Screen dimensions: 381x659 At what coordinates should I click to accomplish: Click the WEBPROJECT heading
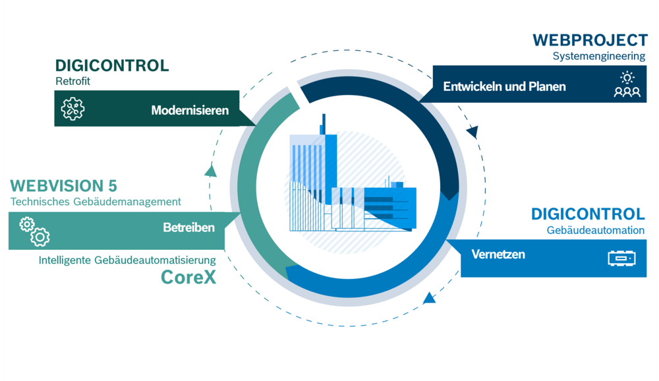[x=590, y=40]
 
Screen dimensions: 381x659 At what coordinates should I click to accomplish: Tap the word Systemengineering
[x=598, y=57]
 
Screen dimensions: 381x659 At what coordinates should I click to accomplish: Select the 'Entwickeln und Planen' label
[x=504, y=86]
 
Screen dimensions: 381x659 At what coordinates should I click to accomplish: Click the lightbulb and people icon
[x=627, y=85]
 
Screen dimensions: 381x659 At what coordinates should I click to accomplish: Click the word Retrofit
[x=72, y=82]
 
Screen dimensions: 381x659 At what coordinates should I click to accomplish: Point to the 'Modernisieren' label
[x=190, y=110]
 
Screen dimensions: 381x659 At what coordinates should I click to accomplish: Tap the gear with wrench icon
[x=72, y=109]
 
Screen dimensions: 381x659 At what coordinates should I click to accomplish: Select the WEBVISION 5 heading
[x=63, y=186]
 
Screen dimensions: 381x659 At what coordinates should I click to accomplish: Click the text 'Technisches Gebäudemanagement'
[x=96, y=202]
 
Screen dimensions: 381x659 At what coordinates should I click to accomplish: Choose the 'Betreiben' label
[x=188, y=228]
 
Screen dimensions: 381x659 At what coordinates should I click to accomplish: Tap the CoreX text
[x=188, y=278]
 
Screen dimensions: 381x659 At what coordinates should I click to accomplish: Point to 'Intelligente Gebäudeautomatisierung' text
[x=127, y=260]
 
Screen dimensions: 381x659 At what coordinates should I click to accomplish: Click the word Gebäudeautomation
[x=595, y=230]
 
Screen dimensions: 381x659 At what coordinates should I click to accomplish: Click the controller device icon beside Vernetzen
[x=621, y=258]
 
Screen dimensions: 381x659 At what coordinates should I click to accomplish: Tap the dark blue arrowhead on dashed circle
[x=473, y=132]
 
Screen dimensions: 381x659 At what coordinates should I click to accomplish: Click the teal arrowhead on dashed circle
[x=210, y=171]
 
